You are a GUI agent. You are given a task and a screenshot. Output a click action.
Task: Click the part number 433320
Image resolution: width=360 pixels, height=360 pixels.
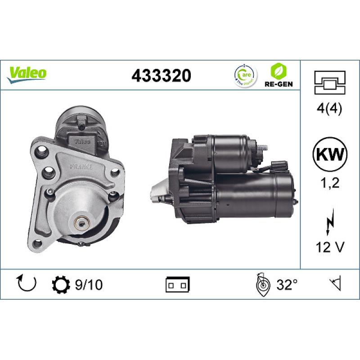161,75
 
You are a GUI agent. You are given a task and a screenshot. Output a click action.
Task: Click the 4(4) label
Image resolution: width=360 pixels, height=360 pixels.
330,109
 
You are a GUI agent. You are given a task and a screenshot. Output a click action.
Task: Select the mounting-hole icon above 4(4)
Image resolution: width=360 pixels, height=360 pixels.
330,82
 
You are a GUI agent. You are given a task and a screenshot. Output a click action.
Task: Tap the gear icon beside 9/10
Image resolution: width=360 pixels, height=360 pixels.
61,285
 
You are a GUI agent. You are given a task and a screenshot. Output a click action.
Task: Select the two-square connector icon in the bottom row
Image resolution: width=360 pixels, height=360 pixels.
178,285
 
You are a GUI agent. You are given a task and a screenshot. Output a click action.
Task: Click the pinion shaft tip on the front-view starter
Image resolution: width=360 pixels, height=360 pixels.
82,221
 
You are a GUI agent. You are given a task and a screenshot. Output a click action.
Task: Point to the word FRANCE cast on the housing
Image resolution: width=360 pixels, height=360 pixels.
81,166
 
